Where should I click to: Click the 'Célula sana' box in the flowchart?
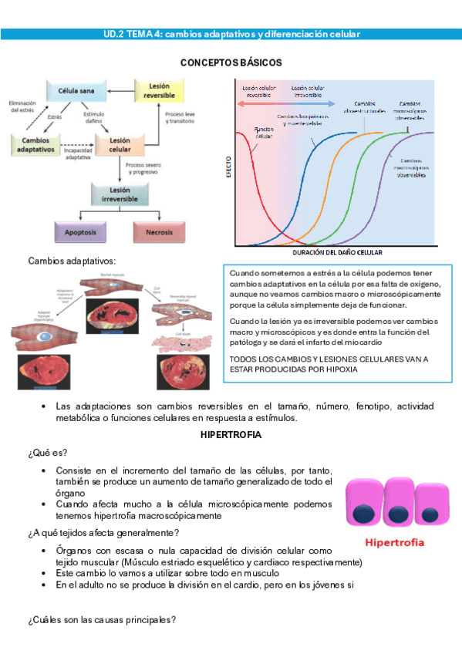click(77, 91)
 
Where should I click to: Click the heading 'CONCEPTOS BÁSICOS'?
click(231, 62)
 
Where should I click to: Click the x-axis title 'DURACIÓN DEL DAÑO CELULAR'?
click(338, 252)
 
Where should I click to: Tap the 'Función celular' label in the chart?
click(265, 132)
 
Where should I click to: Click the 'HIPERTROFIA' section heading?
click(231, 435)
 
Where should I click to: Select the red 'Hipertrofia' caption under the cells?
click(394, 542)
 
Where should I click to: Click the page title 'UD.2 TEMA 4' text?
click(131, 35)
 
